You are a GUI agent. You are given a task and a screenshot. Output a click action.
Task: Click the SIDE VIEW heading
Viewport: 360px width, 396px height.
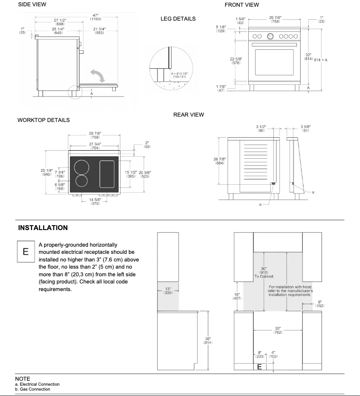[32, 4]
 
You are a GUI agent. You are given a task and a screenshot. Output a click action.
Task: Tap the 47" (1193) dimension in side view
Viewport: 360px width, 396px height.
[95, 17]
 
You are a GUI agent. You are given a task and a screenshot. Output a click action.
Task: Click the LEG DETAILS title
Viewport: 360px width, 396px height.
[178, 19]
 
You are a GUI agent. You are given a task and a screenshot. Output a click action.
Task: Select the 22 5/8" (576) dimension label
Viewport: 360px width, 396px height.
[237, 61]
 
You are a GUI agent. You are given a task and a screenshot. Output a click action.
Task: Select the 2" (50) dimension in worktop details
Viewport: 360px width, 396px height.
[147, 145]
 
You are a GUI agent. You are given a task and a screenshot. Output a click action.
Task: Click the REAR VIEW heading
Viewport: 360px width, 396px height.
[189, 115]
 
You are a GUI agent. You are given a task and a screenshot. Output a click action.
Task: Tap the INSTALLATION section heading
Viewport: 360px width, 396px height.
[43, 228]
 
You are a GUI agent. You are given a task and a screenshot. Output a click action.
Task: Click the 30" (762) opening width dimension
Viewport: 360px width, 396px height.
[278, 331]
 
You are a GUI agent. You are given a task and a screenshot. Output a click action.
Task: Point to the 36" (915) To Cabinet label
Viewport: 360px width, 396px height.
[264, 272]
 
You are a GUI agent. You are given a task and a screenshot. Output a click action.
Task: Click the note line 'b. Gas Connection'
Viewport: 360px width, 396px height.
[32, 389]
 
